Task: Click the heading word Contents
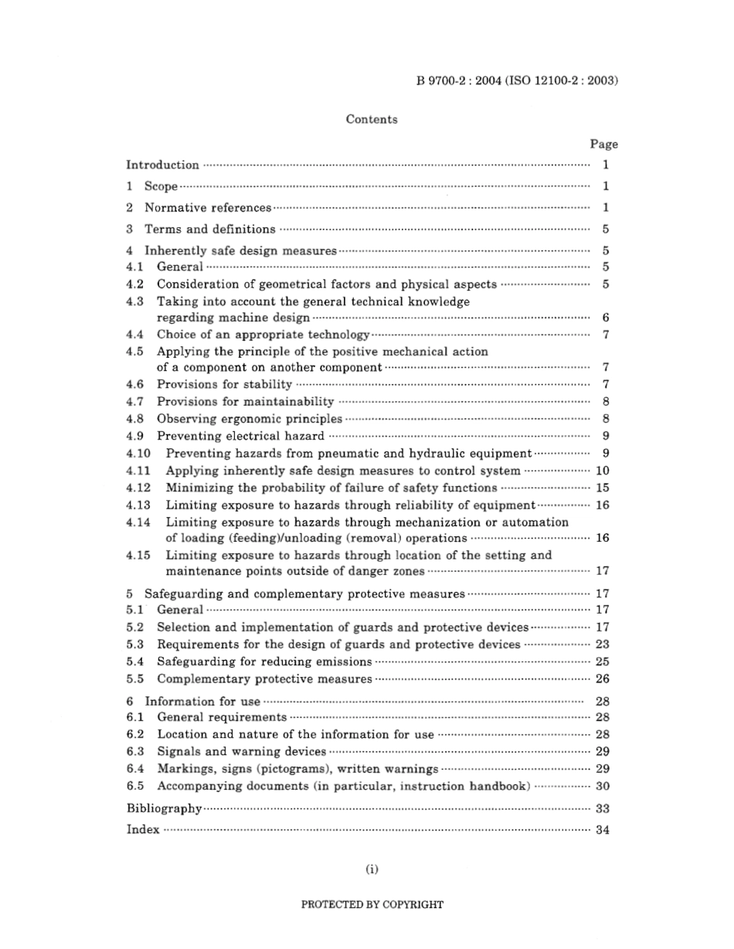point(372,120)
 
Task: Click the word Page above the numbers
point(603,144)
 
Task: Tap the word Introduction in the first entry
point(162,165)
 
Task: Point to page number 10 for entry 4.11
point(603,471)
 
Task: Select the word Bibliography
point(164,808)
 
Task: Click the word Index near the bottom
point(142,829)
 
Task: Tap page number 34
point(603,829)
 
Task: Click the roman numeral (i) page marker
point(372,869)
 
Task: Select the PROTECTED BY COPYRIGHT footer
point(372,904)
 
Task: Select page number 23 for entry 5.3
point(603,645)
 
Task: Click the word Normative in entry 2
point(169,208)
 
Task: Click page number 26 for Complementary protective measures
point(603,679)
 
